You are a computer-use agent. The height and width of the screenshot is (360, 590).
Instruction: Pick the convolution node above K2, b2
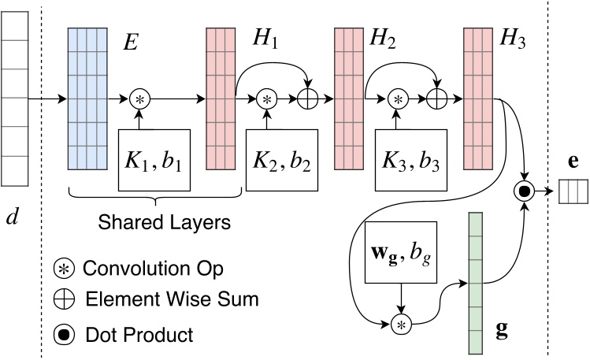click(267, 100)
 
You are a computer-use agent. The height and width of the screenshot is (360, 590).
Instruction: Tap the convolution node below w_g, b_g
click(403, 323)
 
